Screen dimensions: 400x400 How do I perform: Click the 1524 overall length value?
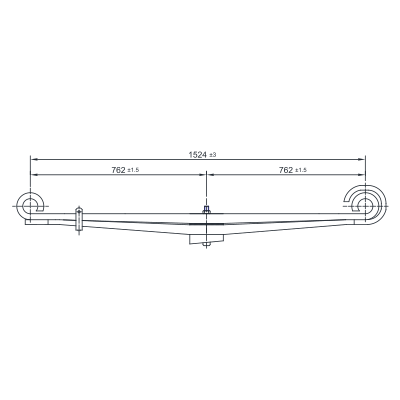(198, 155)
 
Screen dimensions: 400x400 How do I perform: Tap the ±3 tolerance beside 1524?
(213, 155)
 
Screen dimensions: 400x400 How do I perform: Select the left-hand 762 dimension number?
(119, 170)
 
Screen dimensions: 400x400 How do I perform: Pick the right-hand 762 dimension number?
(286, 170)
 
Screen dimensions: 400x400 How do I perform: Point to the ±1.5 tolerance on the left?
(133, 170)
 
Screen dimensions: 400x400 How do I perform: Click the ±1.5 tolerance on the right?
(301, 170)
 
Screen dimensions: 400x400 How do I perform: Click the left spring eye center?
(30, 206)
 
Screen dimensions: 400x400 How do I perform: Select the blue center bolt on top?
(206, 210)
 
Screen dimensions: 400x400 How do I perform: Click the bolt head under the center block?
(206, 246)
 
